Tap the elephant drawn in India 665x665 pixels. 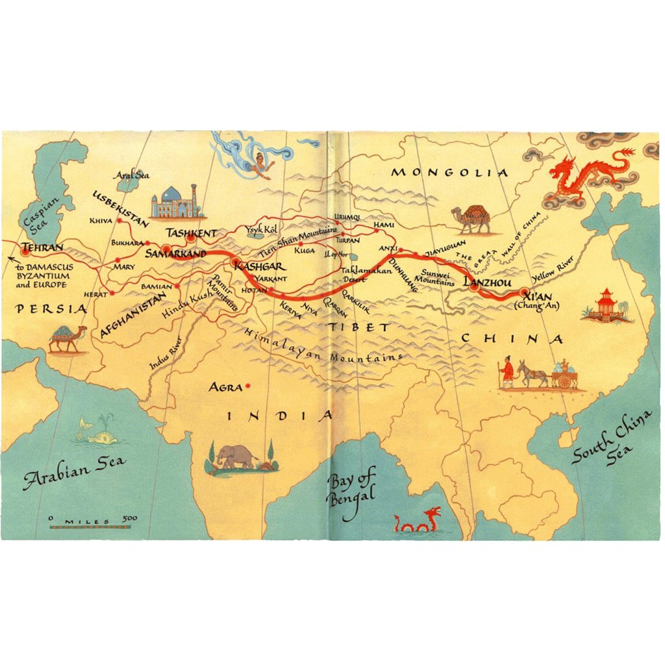(x=237, y=456)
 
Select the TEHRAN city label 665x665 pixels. (x=43, y=248)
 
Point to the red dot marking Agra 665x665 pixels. (x=247, y=387)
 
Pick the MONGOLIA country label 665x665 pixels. (x=449, y=172)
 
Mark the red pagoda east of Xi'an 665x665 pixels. (x=607, y=305)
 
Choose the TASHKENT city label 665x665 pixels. (x=190, y=232)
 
